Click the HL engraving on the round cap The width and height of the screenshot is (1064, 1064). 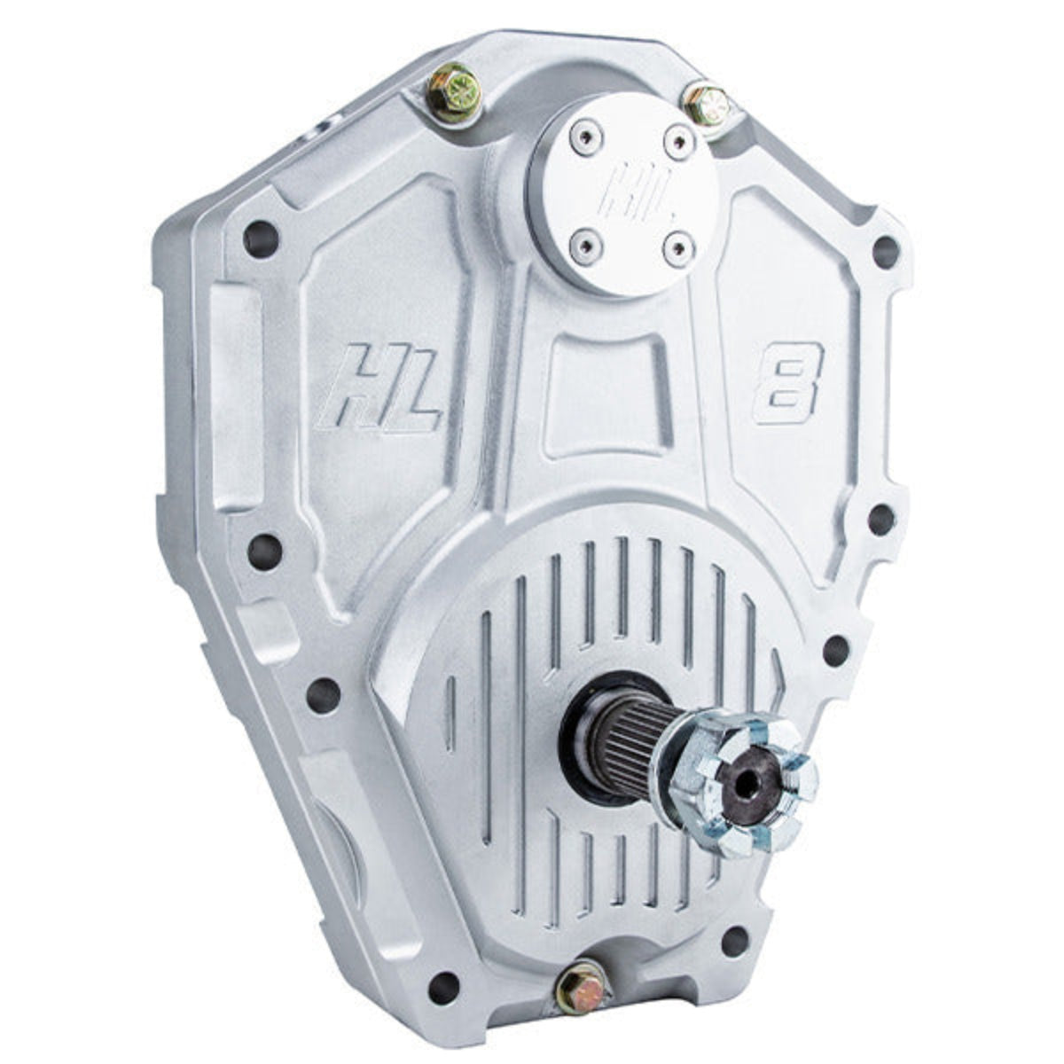pyautogui.click(x=628, y=186)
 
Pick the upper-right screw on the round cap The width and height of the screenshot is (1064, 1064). pyautogui.click(x=677, y=137)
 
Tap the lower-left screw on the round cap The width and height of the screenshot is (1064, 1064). pyautogui.click(x=582, y=239)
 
